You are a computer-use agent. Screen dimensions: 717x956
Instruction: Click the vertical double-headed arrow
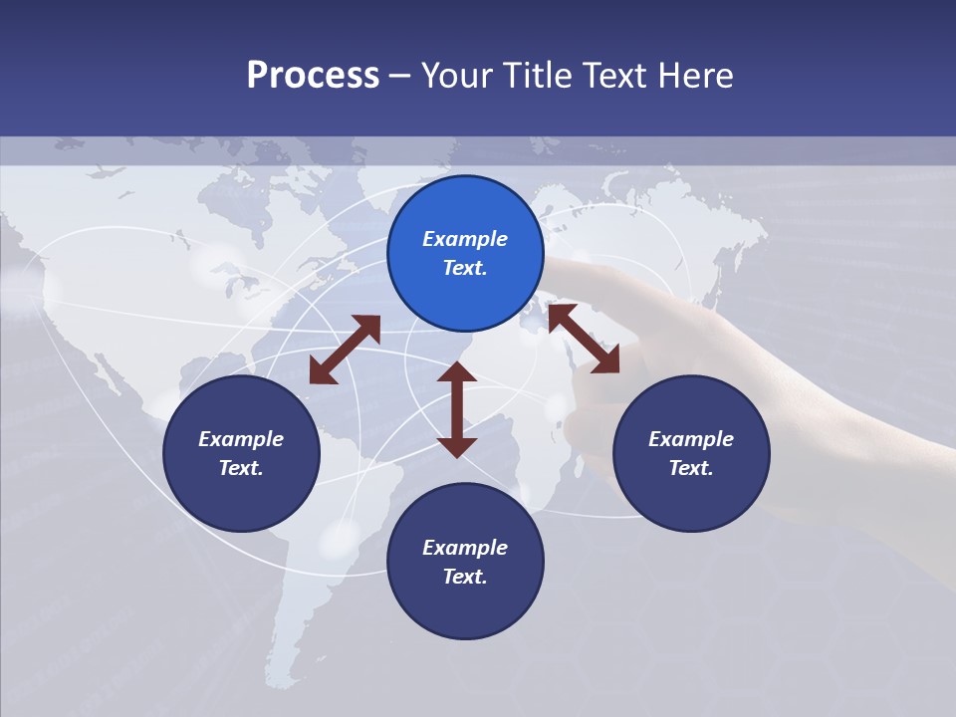(x=457, y=409)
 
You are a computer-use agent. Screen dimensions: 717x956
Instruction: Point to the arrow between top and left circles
(x=345, y=350)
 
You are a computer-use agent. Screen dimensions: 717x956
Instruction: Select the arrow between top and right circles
(x=584, y=339)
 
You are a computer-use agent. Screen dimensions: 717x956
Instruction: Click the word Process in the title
(x=313, y=75)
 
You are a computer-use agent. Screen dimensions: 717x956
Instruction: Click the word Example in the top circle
(x=465, y=239)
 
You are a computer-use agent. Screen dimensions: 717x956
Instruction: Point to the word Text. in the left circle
(x=241, y=468)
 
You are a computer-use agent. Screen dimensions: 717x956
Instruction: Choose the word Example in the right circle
(x=691, y=439)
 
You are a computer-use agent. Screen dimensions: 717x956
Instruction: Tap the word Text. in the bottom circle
(x=465, y=577)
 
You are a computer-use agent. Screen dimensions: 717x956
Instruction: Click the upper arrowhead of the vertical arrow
(x=457, y=372)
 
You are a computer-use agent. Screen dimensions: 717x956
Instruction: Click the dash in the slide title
(x=400, y=76)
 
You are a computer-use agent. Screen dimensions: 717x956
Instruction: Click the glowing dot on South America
(x=339, y=539)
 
